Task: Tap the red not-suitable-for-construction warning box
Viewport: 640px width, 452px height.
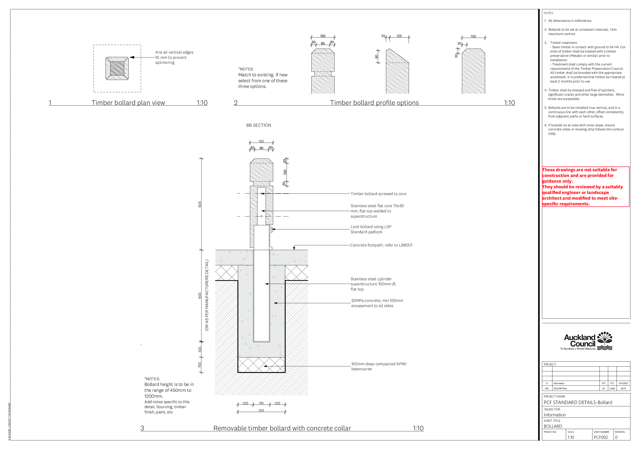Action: click(x=585, y=187)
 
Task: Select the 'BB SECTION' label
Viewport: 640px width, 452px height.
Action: click(x=258, y=126)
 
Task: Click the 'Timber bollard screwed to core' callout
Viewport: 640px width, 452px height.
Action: click(x=378, y=194)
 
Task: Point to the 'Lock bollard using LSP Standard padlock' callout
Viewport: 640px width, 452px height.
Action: click(x=371, y=229)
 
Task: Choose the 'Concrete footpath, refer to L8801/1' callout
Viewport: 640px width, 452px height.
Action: click(x=381, y=245)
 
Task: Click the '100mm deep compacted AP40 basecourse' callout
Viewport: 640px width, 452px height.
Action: click(x=378, y=366)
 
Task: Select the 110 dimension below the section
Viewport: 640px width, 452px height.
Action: click(x=261, y=403)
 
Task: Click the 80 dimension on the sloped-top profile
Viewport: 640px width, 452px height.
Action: click(x=376, y=57)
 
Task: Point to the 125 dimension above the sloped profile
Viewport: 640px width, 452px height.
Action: click(x=399, y=36)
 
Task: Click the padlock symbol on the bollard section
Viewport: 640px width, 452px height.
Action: click(x=271, y=230)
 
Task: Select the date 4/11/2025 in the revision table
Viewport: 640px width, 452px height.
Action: click(x=623, y=384)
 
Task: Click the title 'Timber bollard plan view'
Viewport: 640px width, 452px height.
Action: click(x=128, y=103)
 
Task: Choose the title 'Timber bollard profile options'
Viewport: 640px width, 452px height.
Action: click(x=374, y=103)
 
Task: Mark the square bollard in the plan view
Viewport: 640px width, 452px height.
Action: click(x=117, y=68)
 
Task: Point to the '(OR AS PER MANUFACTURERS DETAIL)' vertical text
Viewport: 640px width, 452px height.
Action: click(x=207, y=295)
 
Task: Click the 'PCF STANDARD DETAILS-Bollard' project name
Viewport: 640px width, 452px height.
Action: click(x=578, y=402)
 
